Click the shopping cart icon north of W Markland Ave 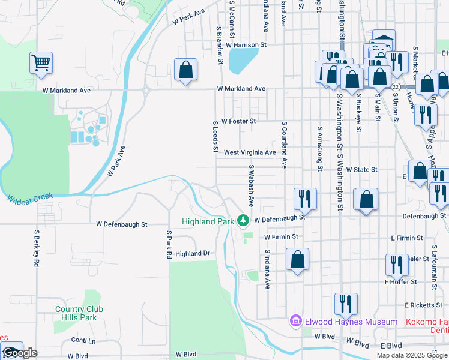click(x=41, y=63)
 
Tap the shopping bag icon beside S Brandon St click(x=186, y=69)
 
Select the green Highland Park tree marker click(x=243, y=221)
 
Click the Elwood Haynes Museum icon click(x=295, y=322)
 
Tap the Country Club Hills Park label click(x=79, y=313)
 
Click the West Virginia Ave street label click(x=250, y=152)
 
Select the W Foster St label click(x=238, y=121)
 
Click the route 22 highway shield click(x=396, y=87)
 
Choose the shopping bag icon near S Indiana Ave click(x=297, y=259)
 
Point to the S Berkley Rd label click(x=37, y=247)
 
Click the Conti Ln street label click(x=83, y=340)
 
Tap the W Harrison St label click(x=246, y=44)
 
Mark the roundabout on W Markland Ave click(x=146, y=90)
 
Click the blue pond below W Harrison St click(x=240, y=59)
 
